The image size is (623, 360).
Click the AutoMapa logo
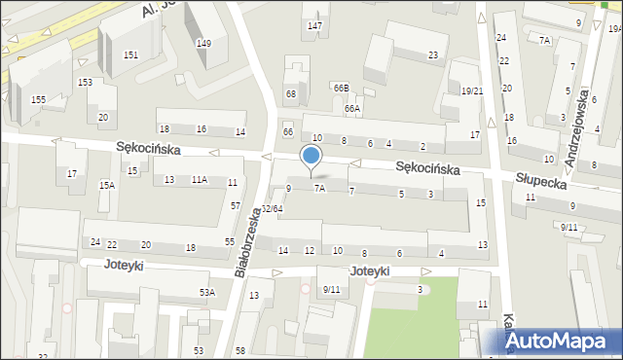(x=558, y=342)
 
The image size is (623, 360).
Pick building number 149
(x=203, y=44)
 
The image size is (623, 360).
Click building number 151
(x=130, y=54)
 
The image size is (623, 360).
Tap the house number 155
(x=38, y=99)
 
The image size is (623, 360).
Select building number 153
(x=86, y=83)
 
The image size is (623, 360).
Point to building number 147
(x=314, y=25)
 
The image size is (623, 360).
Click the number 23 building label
(x=432, y=54)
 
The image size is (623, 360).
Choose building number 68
(x=290, y=93)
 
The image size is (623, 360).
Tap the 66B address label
(x=341, y=88)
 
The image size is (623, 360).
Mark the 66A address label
(x=351, y=109)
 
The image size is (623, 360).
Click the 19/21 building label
(x=472, y=91)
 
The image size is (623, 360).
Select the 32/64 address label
(x=273, y=208)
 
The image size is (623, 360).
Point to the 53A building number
(x=207, y=292)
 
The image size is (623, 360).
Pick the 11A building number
(x=199, y=180)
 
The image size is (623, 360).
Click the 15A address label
(x=107, y=185)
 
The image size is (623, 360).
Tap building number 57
(x=236, y=205)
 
